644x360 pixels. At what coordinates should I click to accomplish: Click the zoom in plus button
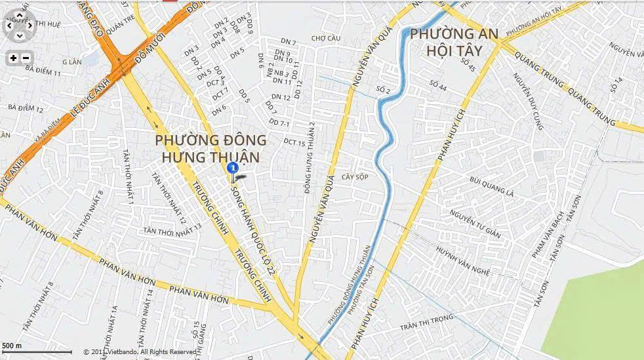[x=13, y=58]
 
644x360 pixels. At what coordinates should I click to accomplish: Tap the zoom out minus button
[x=26, y=58]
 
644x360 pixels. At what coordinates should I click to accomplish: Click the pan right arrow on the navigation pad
[x=31, y=25]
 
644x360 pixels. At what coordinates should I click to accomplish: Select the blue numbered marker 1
[x=232, y=169]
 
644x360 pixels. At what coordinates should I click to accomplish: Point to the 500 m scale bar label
[x=12, y=346]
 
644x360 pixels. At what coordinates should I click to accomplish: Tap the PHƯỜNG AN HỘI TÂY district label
[x=454, y=41]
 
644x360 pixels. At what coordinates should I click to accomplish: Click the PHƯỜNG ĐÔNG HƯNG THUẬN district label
[x=211, y=148]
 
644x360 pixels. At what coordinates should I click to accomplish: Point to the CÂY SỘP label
[x=355, y=177]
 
